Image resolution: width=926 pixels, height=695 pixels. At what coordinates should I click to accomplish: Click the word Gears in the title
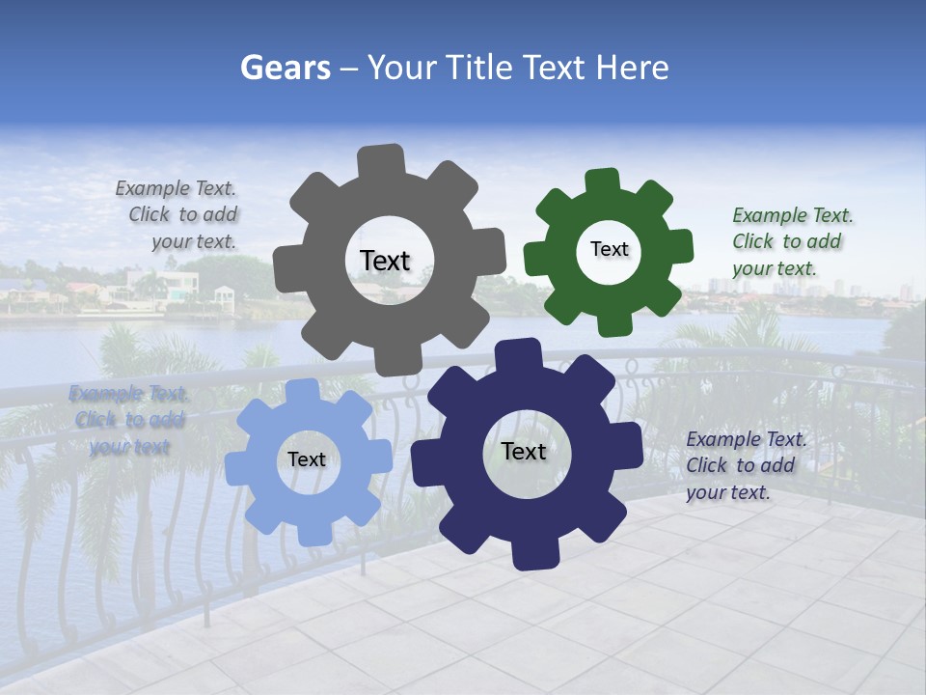[x=285, y=68]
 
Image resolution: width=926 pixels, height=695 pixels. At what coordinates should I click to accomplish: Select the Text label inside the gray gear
[x=385, y=261]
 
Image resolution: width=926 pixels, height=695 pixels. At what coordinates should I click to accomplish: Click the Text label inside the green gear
[x=609, y=249]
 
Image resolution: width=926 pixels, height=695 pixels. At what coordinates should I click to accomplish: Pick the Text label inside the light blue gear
[x=307, y=460]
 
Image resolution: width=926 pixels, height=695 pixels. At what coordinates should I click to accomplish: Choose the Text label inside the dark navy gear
[x=524, y=451]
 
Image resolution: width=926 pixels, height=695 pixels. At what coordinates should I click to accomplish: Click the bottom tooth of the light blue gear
[x=313, y=530]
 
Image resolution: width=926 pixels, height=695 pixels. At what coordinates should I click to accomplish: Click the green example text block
[x=792, y=241]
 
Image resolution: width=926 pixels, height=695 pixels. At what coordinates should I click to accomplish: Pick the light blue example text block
[x=128, y=420]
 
